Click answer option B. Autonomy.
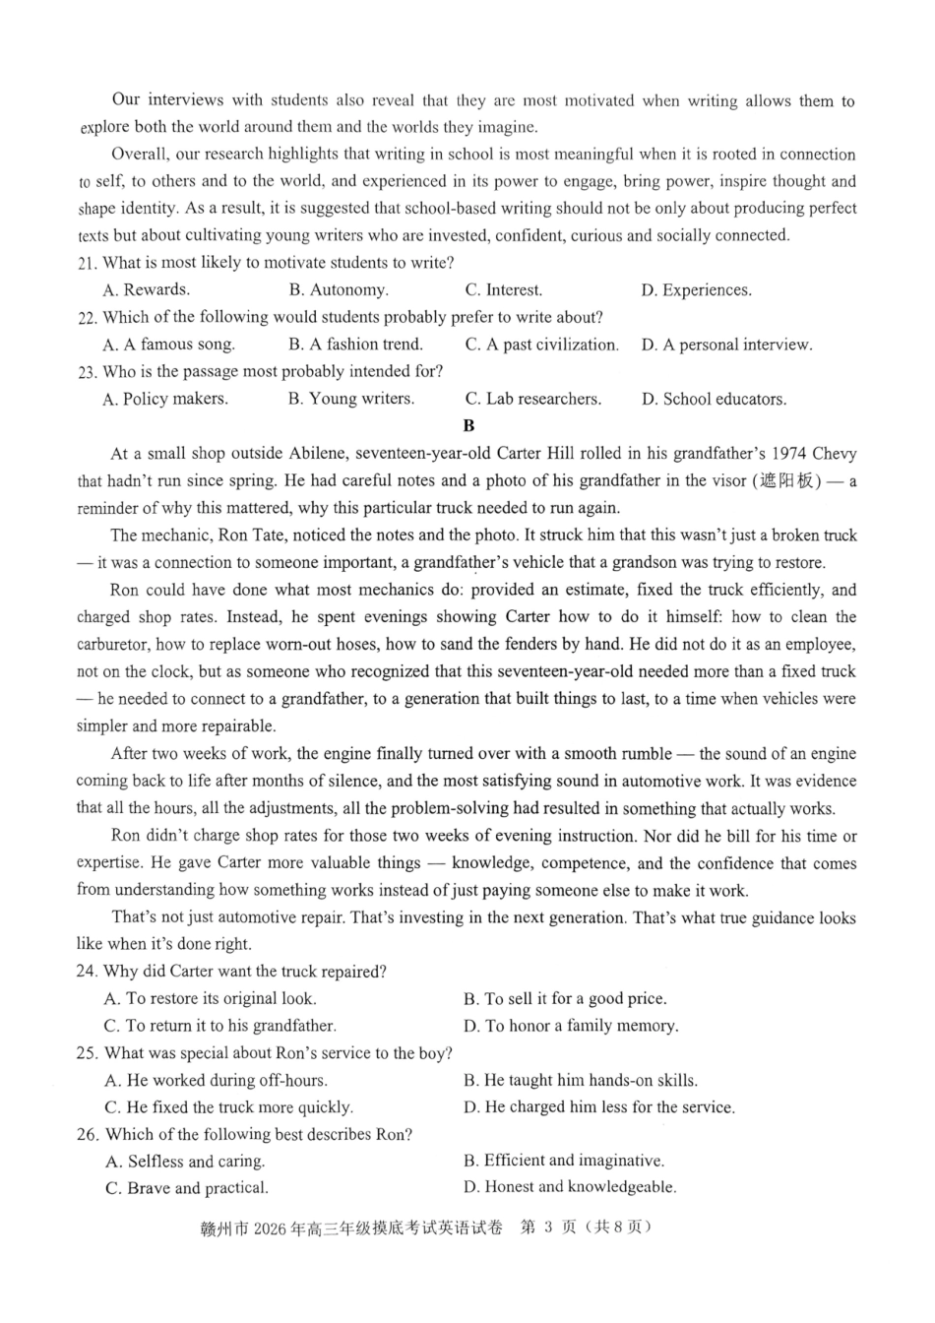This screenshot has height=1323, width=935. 338,290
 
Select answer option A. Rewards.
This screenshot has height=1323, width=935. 146,290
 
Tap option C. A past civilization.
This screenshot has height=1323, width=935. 541,345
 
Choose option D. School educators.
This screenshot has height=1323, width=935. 714,400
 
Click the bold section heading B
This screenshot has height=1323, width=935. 468,426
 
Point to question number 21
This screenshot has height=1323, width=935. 87,264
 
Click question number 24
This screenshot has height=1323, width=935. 87,972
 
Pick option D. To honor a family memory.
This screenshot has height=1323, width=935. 571,1026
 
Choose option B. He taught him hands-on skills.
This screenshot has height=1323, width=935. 581,1080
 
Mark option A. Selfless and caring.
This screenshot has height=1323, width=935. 184,1162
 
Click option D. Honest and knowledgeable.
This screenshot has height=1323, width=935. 570,1187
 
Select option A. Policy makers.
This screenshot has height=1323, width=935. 164,400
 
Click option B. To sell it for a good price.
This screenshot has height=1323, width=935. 565,998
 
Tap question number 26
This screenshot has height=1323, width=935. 88,1135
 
